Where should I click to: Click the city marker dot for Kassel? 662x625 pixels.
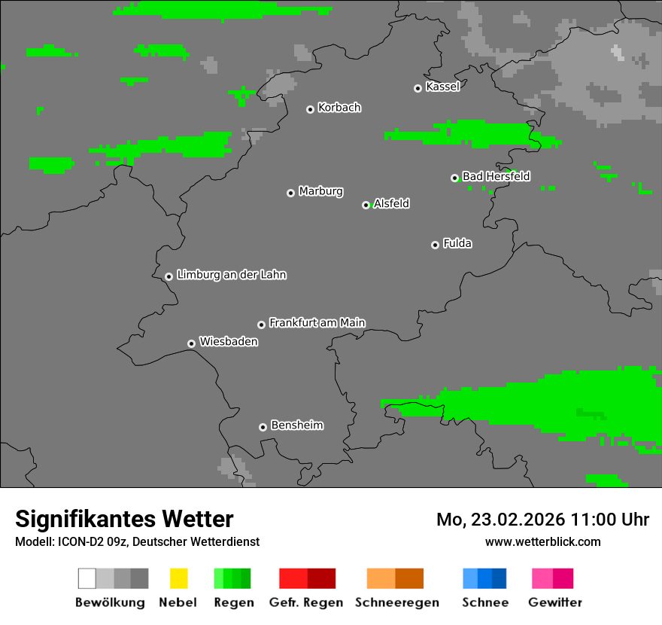coord(418,88)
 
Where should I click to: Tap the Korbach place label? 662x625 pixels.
coord(339,108)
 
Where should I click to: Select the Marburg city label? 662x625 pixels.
coord(320,191)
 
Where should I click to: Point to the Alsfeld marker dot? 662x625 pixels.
coord(366,205)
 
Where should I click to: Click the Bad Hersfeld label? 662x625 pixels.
coord(496,176)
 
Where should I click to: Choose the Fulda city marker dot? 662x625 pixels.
coord(435,245)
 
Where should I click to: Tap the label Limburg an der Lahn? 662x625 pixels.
coord(232,275)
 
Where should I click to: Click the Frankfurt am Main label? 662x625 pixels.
coord(317,323)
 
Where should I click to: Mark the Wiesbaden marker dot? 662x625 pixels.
coord(191,343)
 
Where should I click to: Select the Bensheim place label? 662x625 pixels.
coord(297,425)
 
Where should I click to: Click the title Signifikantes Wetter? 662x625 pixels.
coord(124,520)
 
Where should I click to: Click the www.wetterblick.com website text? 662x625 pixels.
coord(542,541)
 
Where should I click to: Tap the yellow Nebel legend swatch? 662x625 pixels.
coord(178,578)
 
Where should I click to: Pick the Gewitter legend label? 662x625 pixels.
coord(554,602)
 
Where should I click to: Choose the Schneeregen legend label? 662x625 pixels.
coord(396,602)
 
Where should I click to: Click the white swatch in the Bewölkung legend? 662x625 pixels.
coord(87,578)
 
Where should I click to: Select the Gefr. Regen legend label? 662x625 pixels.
coord(305,602)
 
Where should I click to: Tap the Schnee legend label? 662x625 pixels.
coord(484,602)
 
